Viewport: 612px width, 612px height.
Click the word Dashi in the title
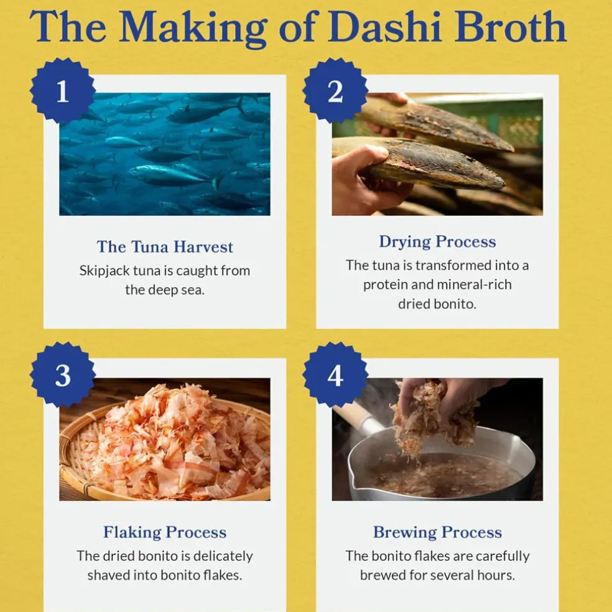coord(384,26)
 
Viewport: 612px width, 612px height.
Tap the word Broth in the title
coord(511,26)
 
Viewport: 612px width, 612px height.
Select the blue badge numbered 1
coord(62,91)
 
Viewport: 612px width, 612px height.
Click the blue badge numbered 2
coord(335,91)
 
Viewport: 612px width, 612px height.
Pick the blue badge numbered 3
coord(62,375)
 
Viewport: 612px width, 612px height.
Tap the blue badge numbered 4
coord(335,375)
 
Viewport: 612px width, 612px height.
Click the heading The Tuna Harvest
coord(165,247)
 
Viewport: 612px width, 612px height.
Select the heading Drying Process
coord(437,242)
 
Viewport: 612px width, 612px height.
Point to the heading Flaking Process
coord(165,532)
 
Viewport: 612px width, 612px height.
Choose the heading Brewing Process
coord(437,532)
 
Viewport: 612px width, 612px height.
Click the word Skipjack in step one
coord(104,271)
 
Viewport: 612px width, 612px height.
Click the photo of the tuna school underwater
coord(165,154)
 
